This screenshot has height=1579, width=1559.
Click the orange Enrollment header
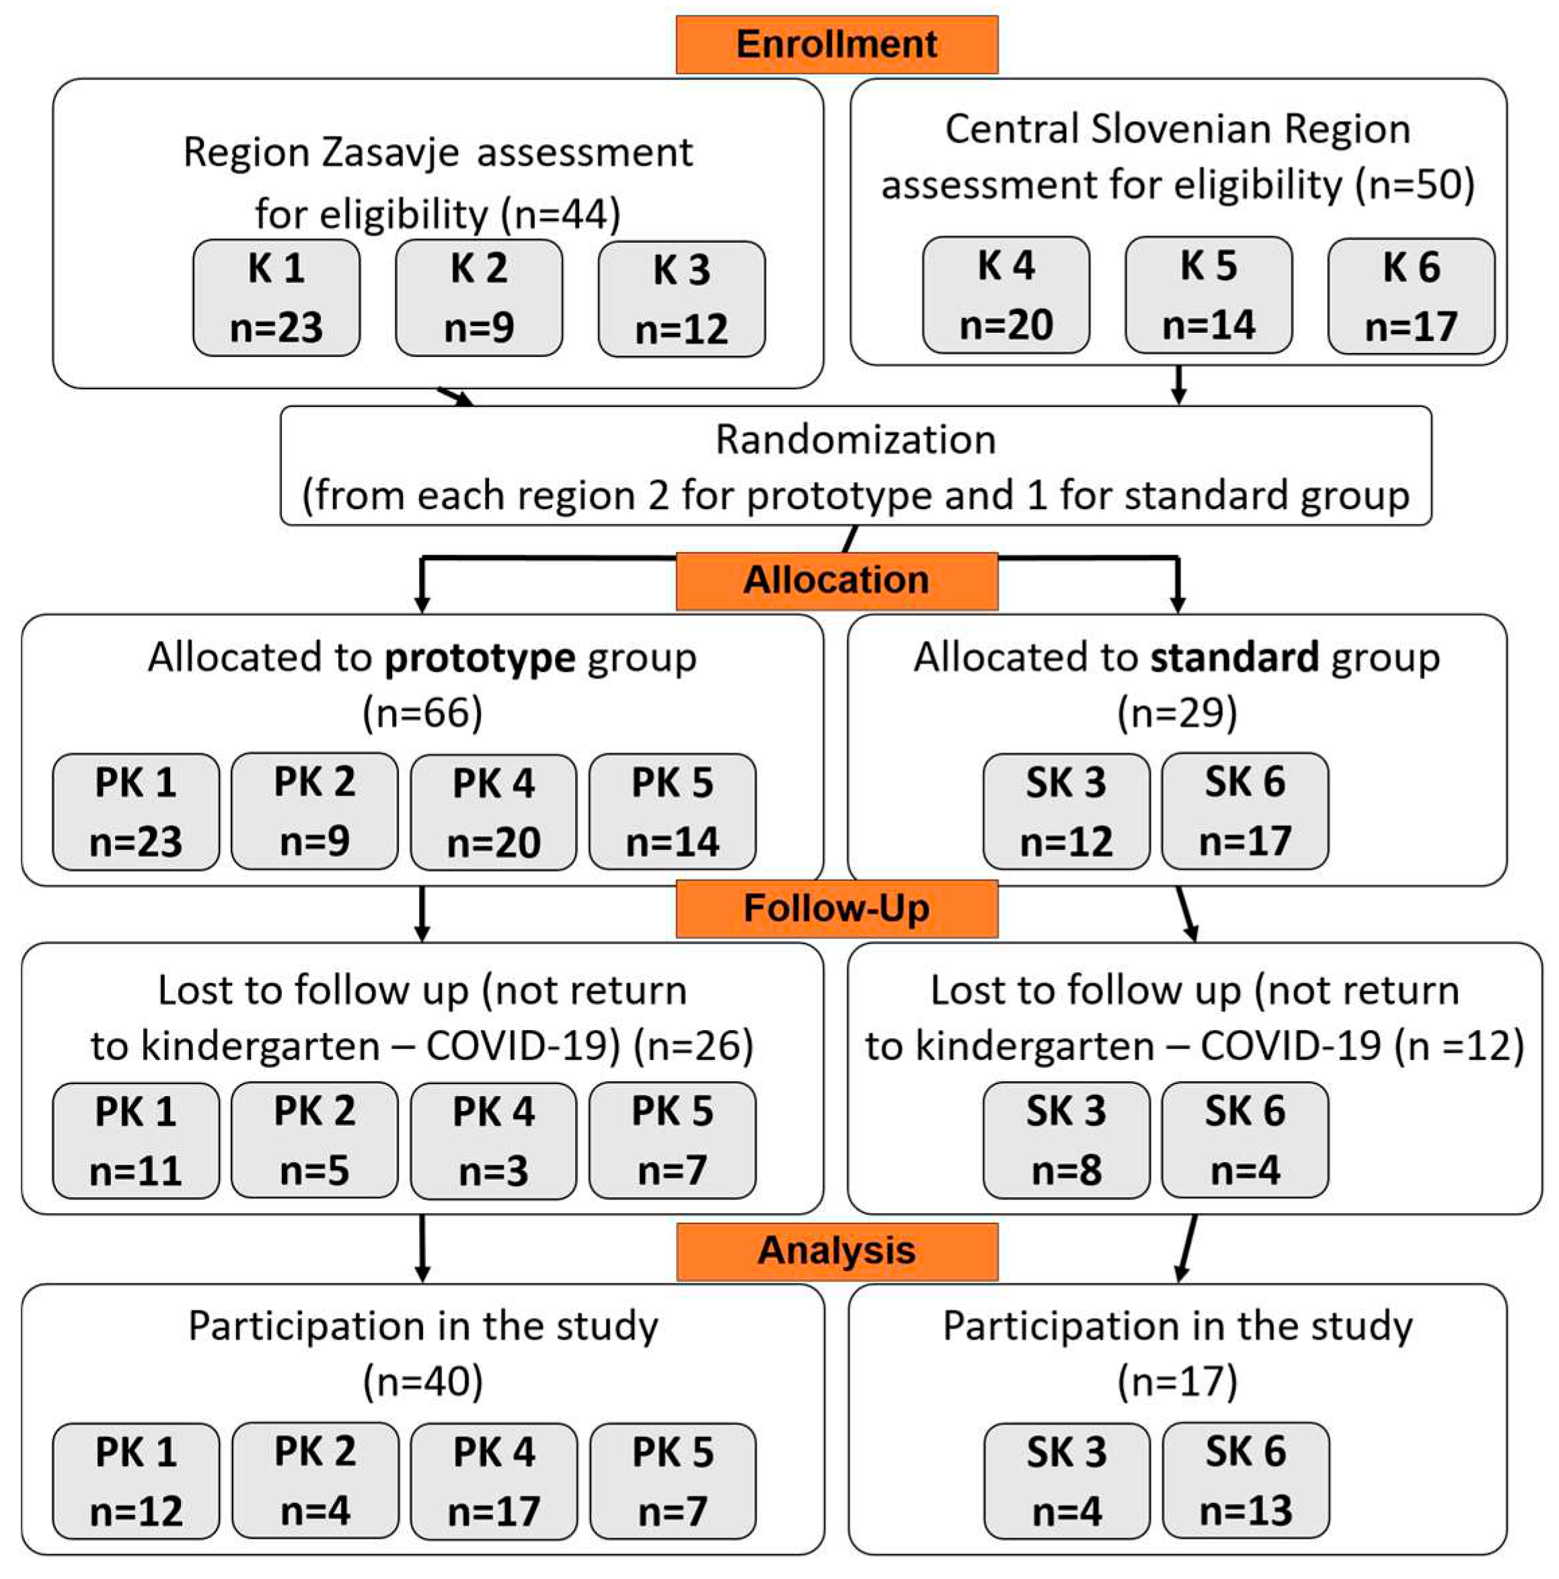pos(836,44)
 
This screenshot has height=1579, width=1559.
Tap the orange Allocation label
pos(836,580)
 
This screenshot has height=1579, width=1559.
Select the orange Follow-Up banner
pos(836,908)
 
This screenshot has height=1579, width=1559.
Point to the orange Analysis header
pos(836,1250)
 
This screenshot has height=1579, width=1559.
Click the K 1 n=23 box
pos(276,297)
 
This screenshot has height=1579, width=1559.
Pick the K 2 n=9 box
pos(479,297)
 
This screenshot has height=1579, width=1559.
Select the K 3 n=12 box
pos(682,299)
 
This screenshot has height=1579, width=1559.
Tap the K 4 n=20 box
pos(1005,295)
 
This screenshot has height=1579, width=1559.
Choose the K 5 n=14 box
pos(1209,295)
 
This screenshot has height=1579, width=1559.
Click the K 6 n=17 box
pos(1411,297)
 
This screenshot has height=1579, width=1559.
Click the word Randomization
pos(855,440)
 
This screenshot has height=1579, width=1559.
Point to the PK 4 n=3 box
pos(493,1141)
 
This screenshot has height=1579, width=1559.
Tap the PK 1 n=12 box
pos(136,1481)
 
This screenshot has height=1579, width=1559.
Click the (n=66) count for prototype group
pos(422,713)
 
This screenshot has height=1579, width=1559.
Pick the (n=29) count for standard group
pos(1177,713)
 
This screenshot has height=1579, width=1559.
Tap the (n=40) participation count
pos(422,1381)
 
